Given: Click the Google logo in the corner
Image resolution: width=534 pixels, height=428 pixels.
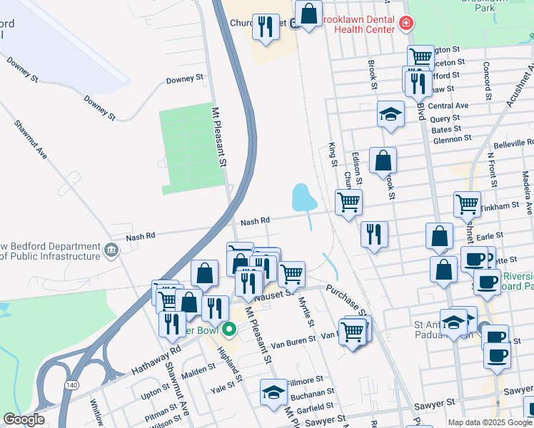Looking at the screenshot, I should click(x=24, y=419).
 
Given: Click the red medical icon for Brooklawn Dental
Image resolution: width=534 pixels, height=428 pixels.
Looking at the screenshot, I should click(x=405, y=24).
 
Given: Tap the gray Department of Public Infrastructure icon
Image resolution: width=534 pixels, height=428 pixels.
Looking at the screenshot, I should click(x=111, y=250).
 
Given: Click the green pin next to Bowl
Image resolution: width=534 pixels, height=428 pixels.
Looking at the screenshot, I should click(x=228, y=330).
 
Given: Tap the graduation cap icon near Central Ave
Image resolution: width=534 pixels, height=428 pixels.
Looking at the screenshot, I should click(x=391, y=114).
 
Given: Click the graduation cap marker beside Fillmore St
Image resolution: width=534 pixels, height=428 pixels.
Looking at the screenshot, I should click(x=273, y=392).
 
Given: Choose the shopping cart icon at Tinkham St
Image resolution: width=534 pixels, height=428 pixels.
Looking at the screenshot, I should click(x=467, y=204).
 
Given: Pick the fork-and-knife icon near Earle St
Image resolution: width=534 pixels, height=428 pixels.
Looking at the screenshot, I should click(x=374, y=234).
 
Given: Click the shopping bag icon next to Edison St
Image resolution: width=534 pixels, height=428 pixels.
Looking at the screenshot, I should click(x=383, y=160).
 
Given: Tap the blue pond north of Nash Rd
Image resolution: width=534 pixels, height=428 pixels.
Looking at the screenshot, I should click(x=303, y=198).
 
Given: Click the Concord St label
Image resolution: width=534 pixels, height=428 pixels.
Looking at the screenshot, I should click(x=487, y=80).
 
